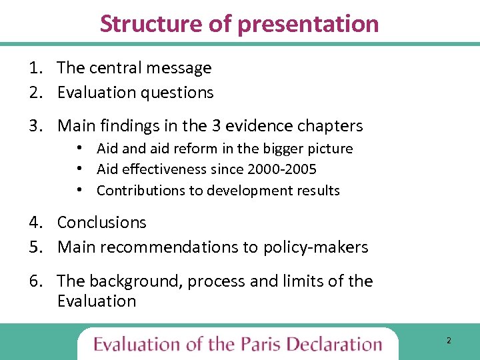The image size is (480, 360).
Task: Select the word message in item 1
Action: point(181,68)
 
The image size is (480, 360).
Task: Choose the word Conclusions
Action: point(101,223)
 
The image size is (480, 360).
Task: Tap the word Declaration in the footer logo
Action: point(335,345)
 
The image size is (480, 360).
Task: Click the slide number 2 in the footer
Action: point(449,341)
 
